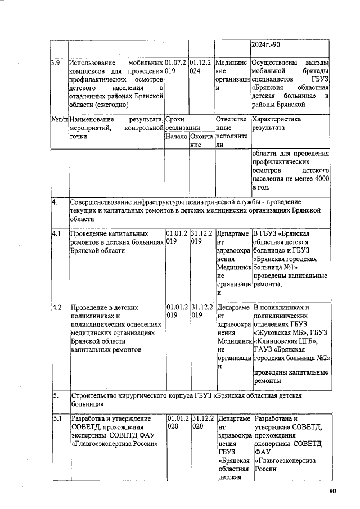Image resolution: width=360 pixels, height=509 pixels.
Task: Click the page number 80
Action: [332, 492]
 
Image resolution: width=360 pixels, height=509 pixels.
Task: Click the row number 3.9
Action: [55, 62]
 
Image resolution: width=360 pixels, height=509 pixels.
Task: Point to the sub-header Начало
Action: [176, 137]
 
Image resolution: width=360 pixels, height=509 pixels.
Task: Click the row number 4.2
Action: [56, 308]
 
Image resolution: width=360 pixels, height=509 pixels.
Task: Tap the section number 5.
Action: [55, 395]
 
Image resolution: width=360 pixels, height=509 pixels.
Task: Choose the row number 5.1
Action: [56, 418]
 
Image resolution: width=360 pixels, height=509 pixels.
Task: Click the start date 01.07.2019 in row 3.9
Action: [175, 67]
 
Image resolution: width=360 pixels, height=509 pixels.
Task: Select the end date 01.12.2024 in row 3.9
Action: [201, 67]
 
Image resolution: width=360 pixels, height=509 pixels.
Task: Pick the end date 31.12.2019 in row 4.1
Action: [201, 237]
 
